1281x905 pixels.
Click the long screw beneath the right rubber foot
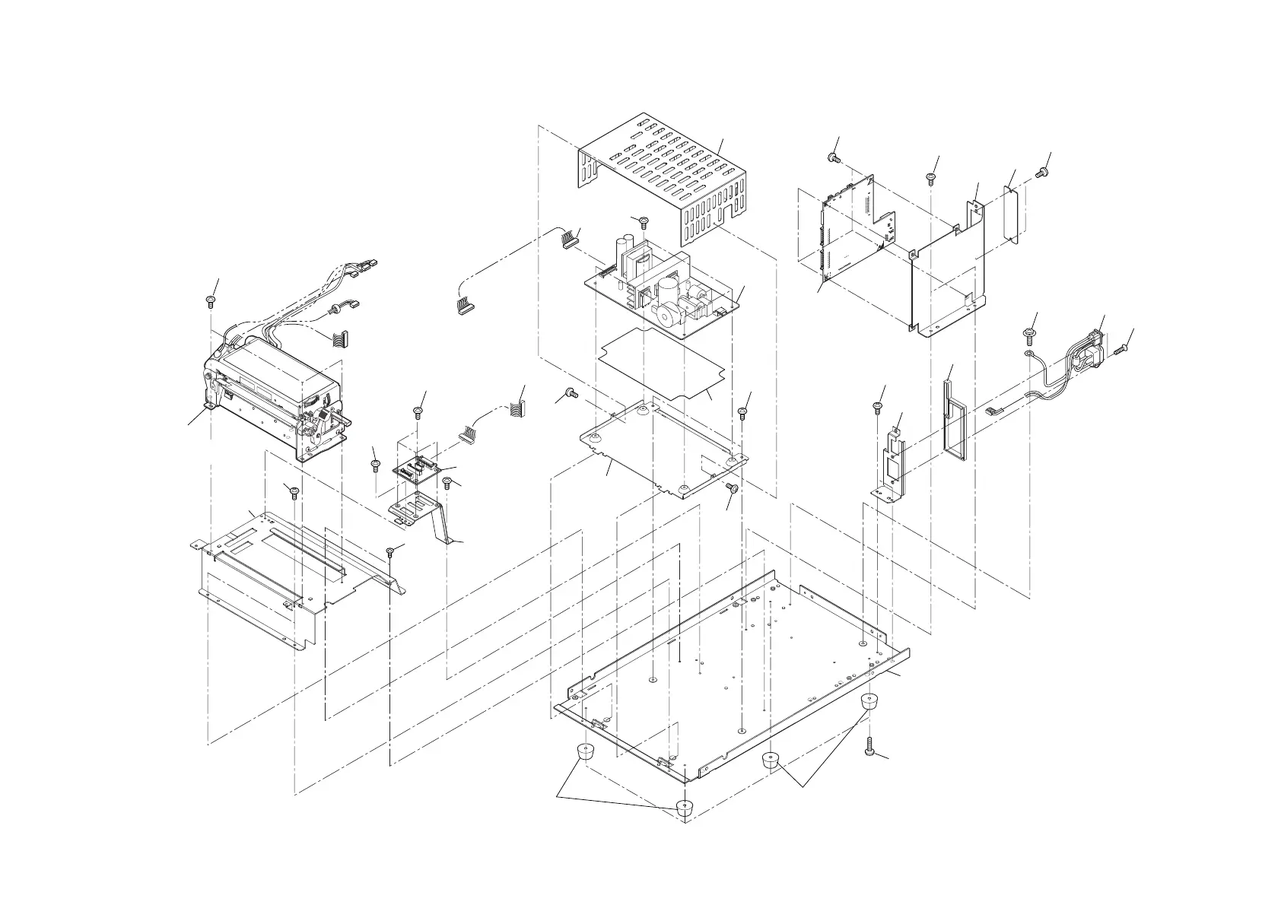[x=870, y=750]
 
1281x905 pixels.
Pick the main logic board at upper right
[x=852, y=236]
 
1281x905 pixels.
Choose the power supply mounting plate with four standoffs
[x=662, y=449]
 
